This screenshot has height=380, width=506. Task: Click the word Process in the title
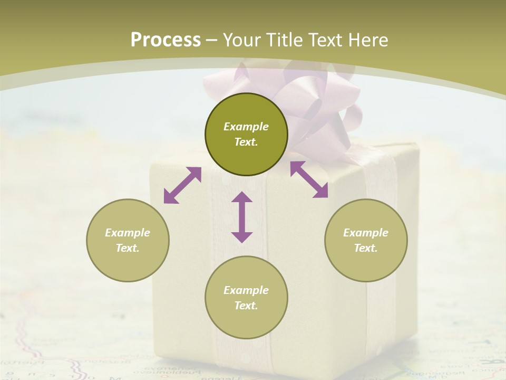(166, 40)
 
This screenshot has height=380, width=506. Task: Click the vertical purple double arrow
(242, 217)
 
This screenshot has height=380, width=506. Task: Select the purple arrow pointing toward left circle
(182, 185)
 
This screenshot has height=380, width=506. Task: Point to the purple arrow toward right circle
(309, 179)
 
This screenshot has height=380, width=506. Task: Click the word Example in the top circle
(246, 127)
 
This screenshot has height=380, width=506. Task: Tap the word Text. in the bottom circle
(246, 306)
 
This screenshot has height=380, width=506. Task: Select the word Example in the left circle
(128, 233)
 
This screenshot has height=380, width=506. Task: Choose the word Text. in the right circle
(366, 248)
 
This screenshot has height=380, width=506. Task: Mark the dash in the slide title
(212, 40)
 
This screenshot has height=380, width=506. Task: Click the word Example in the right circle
(366, 233)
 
